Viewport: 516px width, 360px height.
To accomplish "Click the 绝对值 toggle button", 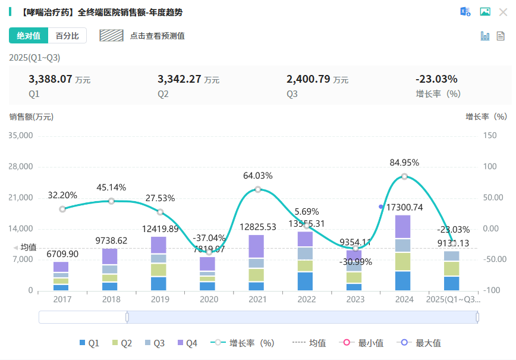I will pyautogui.click(x=29, y=36).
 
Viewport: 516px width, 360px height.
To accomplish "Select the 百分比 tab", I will pyautogui.click(x=67, y=36).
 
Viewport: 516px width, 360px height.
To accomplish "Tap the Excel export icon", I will pyautogui.click(x=465, y=12).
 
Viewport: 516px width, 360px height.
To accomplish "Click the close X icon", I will pyautogui.click(x=503, y=12).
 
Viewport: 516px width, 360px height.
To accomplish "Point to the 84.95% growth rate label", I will pyautogui.click(x=404, y=162).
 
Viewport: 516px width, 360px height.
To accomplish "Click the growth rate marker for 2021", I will pyautogui.click(x=258, y=189).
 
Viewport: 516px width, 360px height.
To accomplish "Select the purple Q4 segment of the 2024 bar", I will pyautogui.click(x=404, y=227).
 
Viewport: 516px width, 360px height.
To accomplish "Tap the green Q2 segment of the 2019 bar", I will pyautogui.click(x=159, y=270).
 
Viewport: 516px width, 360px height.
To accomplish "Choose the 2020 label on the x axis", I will pyautogui.click(x=208, y=300).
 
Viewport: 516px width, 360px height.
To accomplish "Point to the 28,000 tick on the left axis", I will pyautogui.click(x=21, y=167).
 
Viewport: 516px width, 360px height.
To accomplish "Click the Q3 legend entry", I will pyautogui.click(x=155, y=343).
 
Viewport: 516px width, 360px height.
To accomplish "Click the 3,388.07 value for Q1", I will pyautogui.click(x=51, y=79).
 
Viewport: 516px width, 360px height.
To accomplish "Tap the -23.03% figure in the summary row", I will pyautogui.click(x=436, y=79).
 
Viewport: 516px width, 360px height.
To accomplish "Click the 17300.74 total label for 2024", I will pyautogui.click(x=404, y=207).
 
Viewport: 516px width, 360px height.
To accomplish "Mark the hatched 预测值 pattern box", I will pyautogui.click(x=111, y=36).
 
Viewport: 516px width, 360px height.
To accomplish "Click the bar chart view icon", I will pyautogui.click(x=485, y=36).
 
